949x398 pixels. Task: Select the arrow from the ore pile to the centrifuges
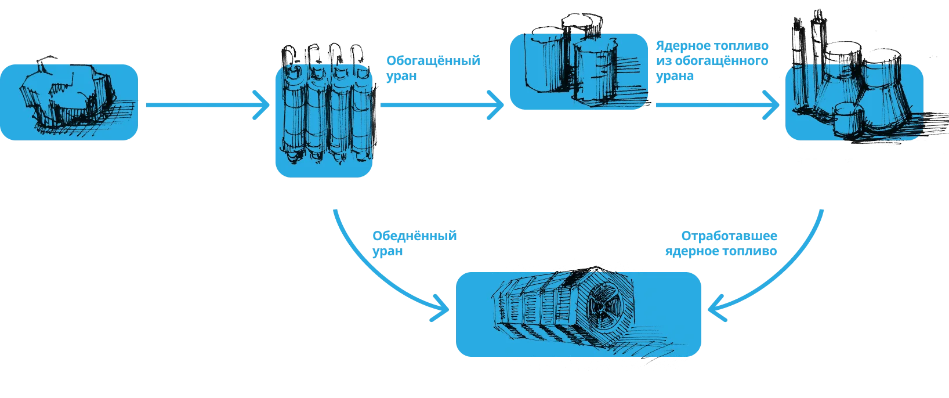click(x=206, y=106)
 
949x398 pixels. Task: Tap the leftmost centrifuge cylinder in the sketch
click(x=292, y=113)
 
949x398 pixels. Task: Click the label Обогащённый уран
click(x=433, y=67)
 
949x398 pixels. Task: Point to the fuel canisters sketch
click(x=578, y=70)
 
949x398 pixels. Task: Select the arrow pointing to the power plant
click(x=716, y=106)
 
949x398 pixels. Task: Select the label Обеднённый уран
click(x=415, y=244)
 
